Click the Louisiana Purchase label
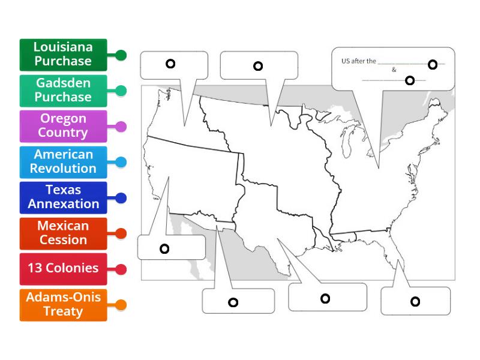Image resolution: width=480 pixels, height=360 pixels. click(x=63, y=55)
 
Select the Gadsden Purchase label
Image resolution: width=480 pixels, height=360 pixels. click(x=63, y=91)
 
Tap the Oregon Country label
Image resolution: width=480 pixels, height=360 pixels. click(x=63, y=126)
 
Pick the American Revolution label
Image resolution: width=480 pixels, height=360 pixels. click(x=63, y=162)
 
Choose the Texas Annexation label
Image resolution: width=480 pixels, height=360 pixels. click(x=63, y=197)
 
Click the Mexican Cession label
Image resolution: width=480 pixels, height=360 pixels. click(x=63, y=233)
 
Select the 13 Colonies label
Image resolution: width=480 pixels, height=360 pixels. click(x=63, y=269)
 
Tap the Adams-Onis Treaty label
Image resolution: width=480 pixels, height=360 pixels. click(x=63, y=305)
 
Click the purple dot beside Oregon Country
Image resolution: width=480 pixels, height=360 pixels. click(x=121, y=127)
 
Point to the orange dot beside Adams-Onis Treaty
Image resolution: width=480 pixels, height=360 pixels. click(x=121, y=305)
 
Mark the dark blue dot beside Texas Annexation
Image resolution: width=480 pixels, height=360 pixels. click(x=121, y=198)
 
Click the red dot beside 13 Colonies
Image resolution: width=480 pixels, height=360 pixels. click(x=121, y=269)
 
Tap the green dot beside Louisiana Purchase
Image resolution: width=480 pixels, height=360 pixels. click(x=121, y=55)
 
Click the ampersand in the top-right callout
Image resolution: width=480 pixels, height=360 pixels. click(x=394, y=70)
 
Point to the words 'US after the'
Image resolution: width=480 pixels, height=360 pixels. click(x=358, y=61)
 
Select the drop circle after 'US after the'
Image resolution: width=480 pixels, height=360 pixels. click(x=432, y=64)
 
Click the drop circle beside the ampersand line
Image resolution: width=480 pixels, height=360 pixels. click(x=410, y=80)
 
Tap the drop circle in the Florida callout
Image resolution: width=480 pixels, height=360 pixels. click(x=415, y=301)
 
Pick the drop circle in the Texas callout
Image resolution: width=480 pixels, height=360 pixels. click(x=325, y=298)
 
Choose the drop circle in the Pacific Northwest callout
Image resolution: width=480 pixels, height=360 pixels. click(x=170, y=64)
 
